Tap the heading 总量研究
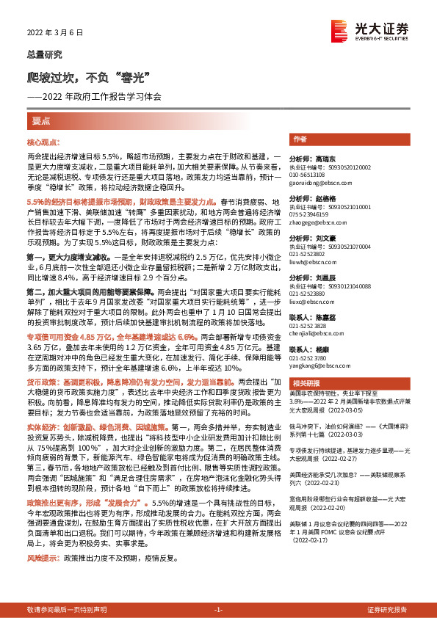44,54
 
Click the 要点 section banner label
41,120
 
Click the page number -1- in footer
218,611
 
